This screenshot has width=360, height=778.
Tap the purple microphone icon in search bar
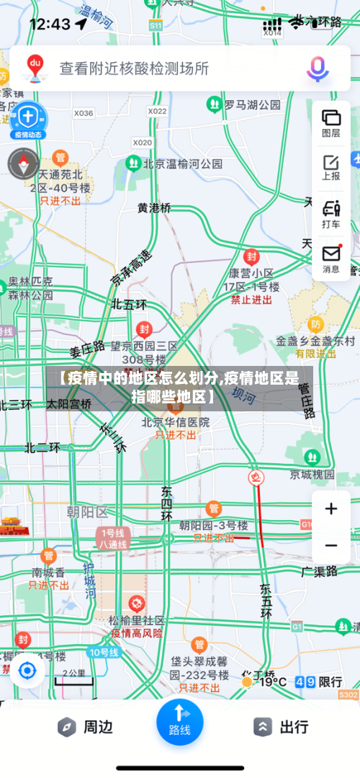[x=318, y=68]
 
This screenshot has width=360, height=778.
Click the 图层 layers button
[x=331, y=122]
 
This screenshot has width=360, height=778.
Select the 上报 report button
[x=331, y=167]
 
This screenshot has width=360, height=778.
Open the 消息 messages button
[x=331, y=259]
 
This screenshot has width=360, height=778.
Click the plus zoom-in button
[x=331, y=509]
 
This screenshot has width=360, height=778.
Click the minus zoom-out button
[x=331, y=545]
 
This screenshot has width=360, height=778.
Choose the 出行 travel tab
[x=282, y=727]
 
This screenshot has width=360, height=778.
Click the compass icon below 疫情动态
[x=23, y=164]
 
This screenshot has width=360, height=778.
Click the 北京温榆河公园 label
[x=182, y=164]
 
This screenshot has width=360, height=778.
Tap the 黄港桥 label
[x=154, y=207]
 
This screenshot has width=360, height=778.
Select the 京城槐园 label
[x=312, y=474]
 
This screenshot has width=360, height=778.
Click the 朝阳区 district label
[x=86, y=512]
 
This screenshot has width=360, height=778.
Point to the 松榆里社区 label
[x=137, y=620]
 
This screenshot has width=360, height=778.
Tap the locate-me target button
[x=27, y=671]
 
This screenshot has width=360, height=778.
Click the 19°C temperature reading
[x=272, y=681]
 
